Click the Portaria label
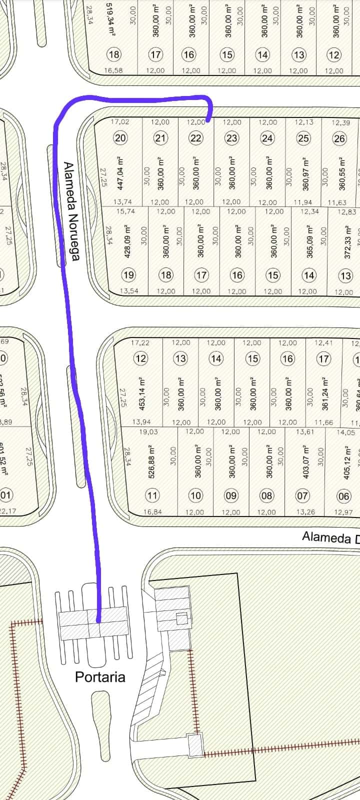100,677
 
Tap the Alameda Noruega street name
71,211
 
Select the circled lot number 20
120,138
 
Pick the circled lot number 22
196,138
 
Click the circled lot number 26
339,138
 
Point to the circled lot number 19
129,274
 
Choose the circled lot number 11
152,495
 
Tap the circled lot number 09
231,495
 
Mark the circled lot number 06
344,496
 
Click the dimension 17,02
120,121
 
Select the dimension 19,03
148,432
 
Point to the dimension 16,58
113,70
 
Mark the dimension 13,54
129,291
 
